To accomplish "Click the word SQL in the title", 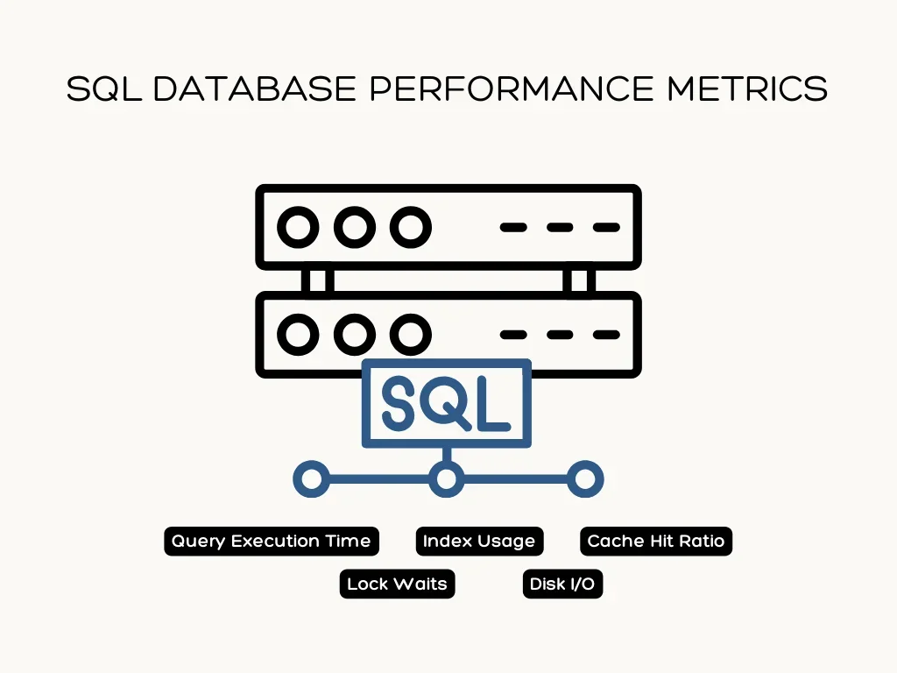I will click(x=102, y=89).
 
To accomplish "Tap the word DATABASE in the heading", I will click(x=253, y=89).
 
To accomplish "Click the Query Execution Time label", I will click(x=271, y=541).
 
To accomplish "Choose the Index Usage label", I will click(x=478, y=541).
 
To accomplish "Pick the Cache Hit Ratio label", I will click(x=655, y=541).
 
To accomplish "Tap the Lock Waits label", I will click(x=397, y=584).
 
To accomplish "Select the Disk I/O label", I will click(x=562, y=584).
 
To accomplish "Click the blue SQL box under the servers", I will click(x=447, y=402).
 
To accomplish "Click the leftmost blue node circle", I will click(x=310, y=479).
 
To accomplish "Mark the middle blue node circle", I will click(x=447, y=479).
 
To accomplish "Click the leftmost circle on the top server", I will click(x=299, y=228).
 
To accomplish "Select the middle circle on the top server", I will click(x=354, y=228).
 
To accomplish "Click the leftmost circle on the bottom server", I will click(x=299, y=334).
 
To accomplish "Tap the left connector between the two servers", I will click(x=316, y=280).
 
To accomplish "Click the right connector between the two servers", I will click(x=579, y=280).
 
